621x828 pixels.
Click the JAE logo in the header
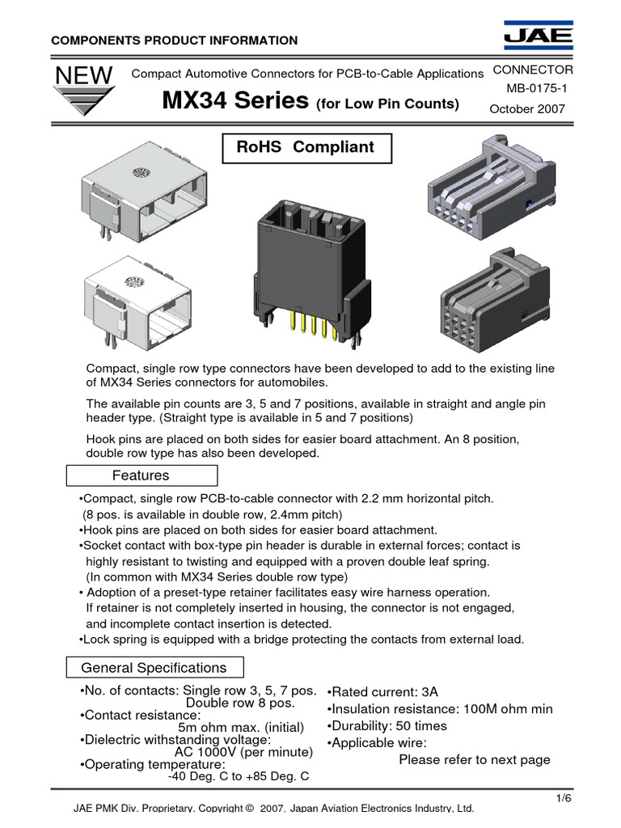pyautogui.click(x=538, y=37)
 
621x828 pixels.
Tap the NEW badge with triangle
pyautogui.click(x=83, y=89)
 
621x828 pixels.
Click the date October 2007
pyautogui.click(x=528, y=108)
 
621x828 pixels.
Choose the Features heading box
pyautogui.click(x=140, y=475)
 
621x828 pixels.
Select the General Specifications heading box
pyautogui.click(x=154, y=668)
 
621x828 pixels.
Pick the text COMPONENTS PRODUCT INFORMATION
pyautogui.click(x=175, y=40)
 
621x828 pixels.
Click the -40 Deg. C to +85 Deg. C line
pyautogui.click(x=239, y=776)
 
